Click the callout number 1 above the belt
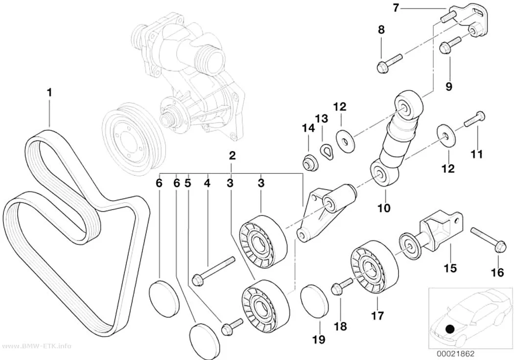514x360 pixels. (49, 93)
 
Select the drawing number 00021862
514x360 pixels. (455, 354)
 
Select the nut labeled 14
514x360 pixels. (310, 163)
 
